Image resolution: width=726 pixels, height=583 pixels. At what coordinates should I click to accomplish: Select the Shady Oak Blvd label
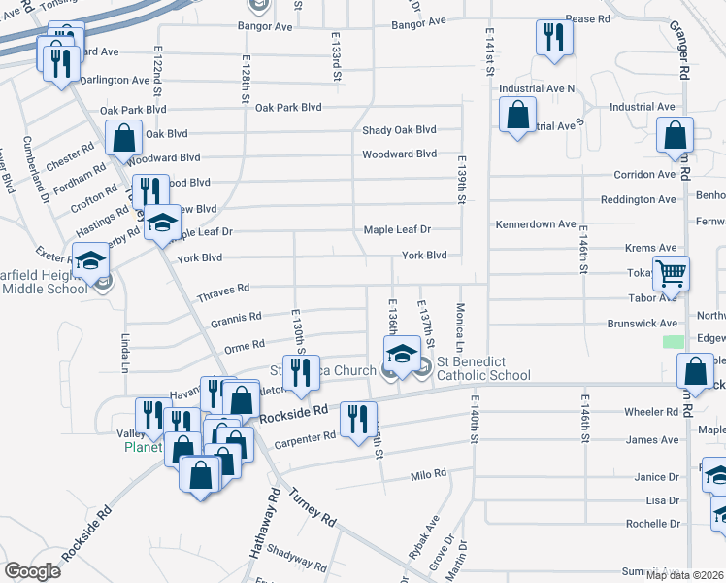[399, 130]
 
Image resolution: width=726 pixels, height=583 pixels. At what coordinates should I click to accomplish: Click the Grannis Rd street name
[236, 317]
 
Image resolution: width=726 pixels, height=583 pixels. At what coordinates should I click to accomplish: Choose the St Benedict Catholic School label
[483, 369]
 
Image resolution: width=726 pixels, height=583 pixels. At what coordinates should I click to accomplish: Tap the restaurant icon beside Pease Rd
[554, 38]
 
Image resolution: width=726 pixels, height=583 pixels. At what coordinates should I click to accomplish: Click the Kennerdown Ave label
[535, 224]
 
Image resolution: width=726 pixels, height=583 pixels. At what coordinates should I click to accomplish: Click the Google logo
[32, 571]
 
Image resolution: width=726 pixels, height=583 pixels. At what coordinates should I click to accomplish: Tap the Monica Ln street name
[460, 326]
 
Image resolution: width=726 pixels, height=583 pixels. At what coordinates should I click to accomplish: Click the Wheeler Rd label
[651, 413]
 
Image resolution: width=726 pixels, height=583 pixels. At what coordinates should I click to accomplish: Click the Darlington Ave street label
[113, 80]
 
